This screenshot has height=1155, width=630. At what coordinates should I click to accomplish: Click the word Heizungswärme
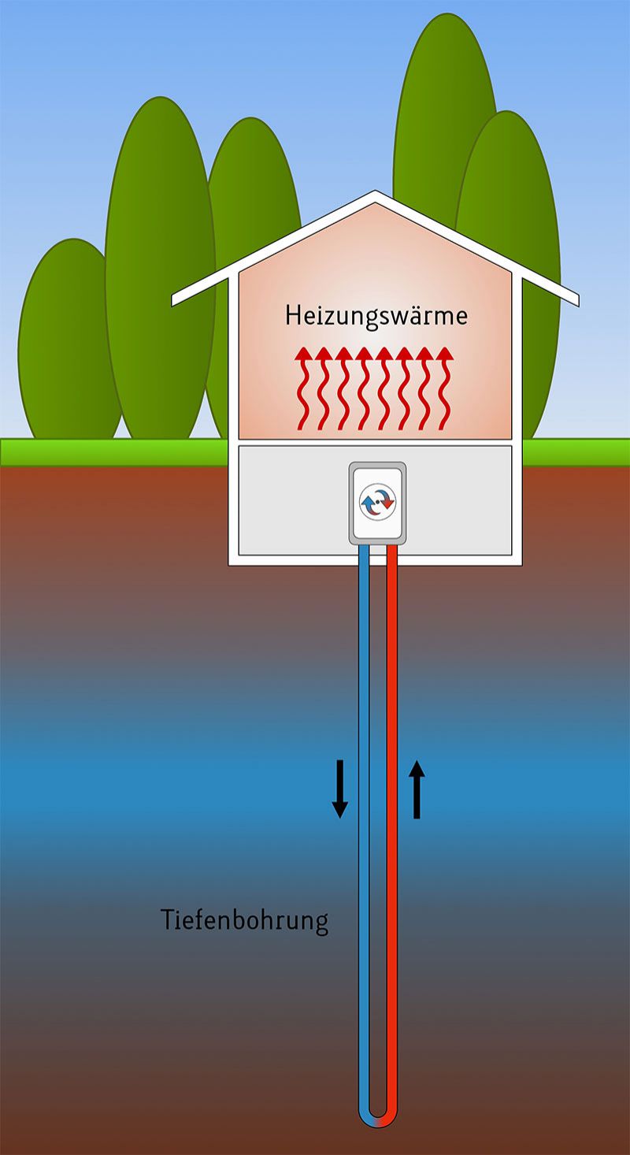pyautogui.click(x=376, y=317)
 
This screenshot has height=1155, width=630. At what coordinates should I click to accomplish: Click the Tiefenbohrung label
pyautogui.click(x=244, y=920)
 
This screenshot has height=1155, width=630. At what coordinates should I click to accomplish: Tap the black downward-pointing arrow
pyautogui.click(x=339, y=789)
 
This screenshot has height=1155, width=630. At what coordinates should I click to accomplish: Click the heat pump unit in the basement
pyautogui.click(x=377, y=503)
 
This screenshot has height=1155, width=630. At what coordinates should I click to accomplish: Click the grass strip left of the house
pyautogui.click(x=110, y=451)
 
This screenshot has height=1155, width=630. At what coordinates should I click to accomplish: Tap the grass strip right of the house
pyautogui.click(x=575, y=451)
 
